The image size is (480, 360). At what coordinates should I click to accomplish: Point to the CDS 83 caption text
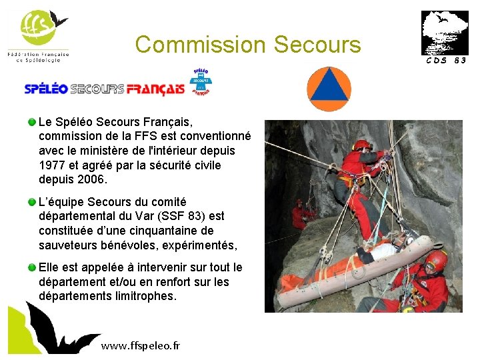pyautogui.click(x=444, y=61)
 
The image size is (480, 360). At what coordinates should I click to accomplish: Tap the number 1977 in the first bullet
pyautogui.click(x=52, y=165)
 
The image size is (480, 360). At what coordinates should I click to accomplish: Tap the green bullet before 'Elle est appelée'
pyautogui.click(x=32, y=267)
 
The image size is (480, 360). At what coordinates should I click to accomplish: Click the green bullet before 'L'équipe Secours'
pyautogui.click(x=32, y=201)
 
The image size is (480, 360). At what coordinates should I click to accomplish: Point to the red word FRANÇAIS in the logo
pyautogui.click(x=155, y=89)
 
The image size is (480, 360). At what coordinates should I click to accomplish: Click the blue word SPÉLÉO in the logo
pyautogui.click(x=46, y=89)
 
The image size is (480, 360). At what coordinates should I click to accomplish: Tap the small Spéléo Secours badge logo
pyautogui.click(x=201, y=81)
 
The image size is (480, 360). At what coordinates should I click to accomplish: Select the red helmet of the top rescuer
pyautogui.click(x=363, y=145)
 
